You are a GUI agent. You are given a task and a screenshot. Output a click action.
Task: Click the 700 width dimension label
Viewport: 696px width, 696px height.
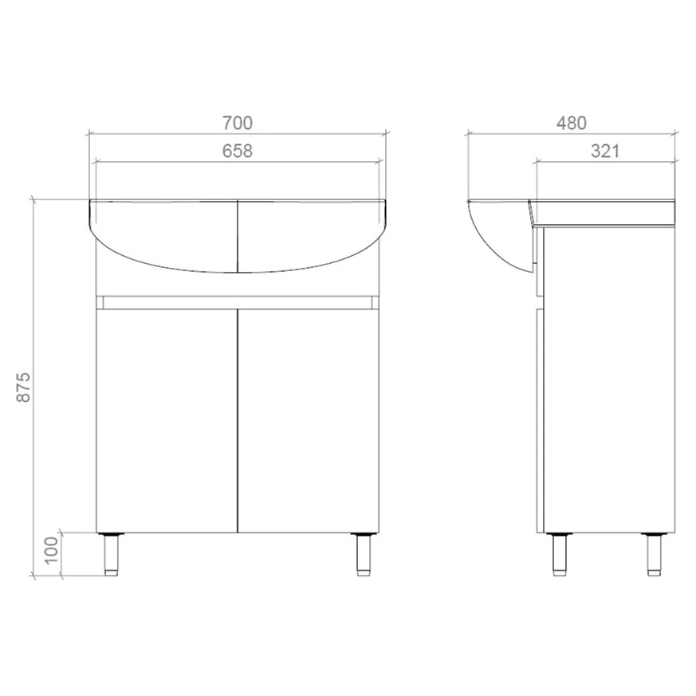238,123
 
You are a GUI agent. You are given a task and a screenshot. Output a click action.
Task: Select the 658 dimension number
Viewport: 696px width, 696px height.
238,151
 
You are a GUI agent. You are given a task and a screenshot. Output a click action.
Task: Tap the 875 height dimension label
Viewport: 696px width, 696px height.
24,387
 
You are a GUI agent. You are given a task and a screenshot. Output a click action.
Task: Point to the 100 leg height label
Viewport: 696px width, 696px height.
52,550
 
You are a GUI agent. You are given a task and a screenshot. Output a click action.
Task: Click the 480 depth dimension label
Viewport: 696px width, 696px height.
572,123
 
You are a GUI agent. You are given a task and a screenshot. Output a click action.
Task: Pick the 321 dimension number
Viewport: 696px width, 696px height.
605,151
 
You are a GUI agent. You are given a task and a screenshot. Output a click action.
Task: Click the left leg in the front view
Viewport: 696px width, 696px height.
111,554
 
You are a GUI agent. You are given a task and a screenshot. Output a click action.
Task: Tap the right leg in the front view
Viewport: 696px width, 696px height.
364,554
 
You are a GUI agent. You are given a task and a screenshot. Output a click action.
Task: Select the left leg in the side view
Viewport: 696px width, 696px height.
560,554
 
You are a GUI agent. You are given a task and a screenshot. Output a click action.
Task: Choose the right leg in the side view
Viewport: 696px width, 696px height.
654,554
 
